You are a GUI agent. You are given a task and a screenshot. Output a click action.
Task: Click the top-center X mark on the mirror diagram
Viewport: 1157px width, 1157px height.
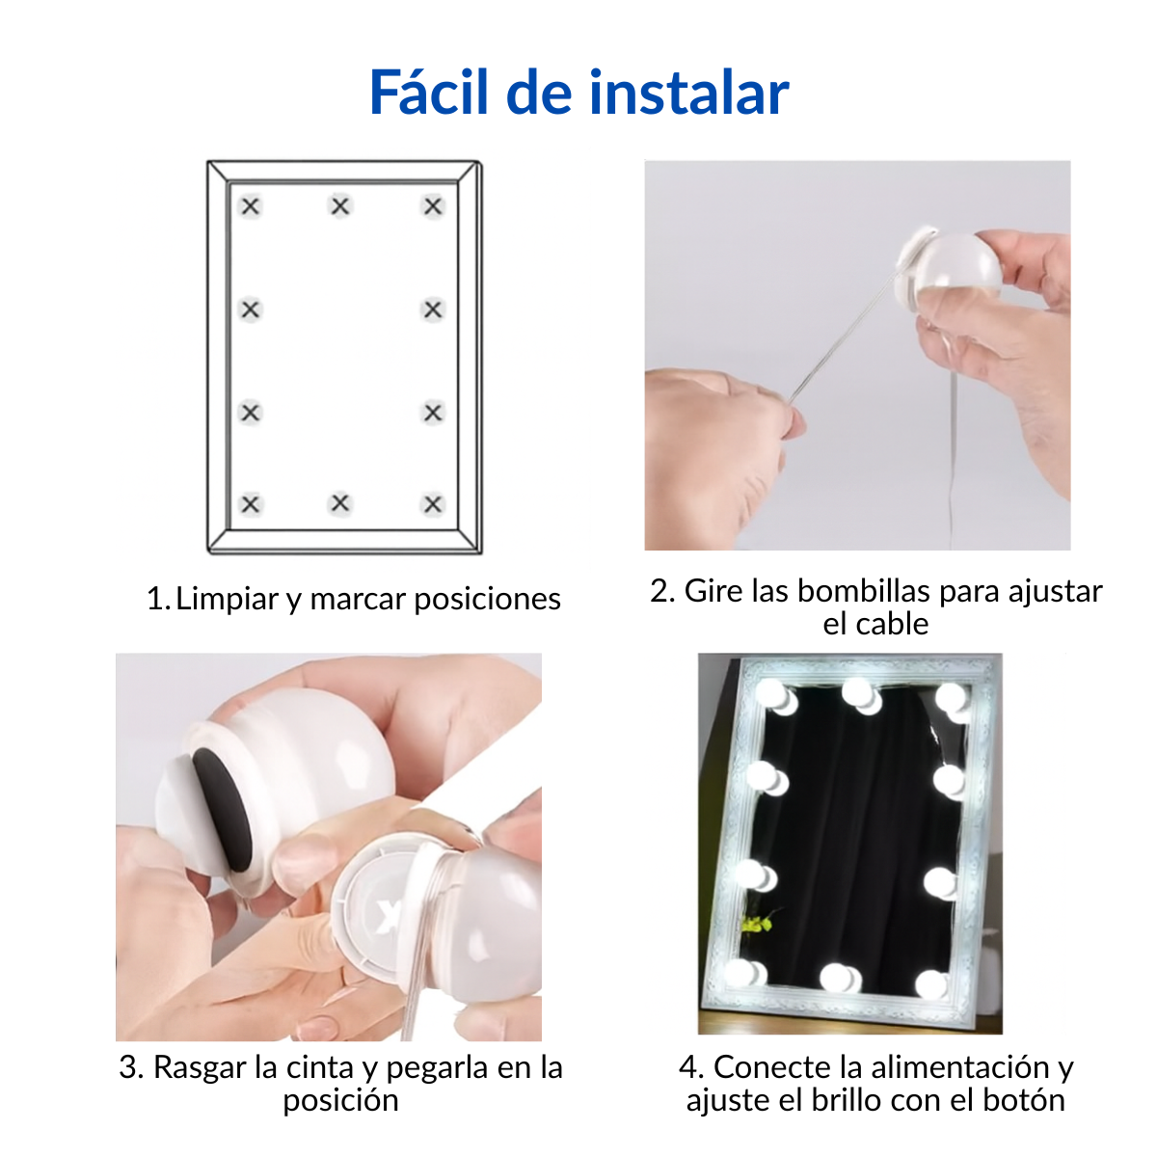click(x=340, y=206)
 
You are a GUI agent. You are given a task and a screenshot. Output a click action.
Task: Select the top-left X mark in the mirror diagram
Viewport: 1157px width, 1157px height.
click(x=251, y=206)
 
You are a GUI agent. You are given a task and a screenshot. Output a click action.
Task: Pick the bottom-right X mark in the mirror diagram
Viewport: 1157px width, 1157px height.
click(x=433, y=504)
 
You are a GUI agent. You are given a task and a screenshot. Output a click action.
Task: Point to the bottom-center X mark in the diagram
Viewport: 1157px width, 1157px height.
click(x=340, y=503)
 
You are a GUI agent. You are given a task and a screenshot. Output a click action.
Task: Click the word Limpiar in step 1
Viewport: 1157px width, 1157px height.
click(x=228, y=599)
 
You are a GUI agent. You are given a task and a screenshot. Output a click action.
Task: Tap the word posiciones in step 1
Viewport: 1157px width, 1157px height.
click(x=488, y=599)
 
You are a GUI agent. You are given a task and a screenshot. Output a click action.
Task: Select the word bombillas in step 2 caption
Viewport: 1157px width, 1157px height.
click(x=865, y=591)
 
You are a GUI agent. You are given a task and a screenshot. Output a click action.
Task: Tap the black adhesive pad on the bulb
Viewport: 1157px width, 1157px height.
click(x=222, y=809)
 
